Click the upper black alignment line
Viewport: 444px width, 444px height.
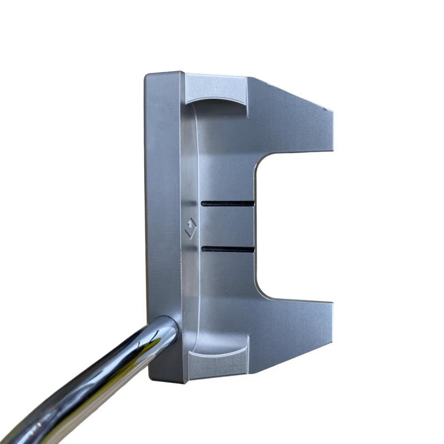tap(228, 203)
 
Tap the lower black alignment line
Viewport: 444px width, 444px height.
tap(228, 249)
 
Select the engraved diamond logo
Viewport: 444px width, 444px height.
tap(190, 228)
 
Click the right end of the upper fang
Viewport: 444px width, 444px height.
tap(334, 130)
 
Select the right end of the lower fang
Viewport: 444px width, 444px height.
tap(332, 323)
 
